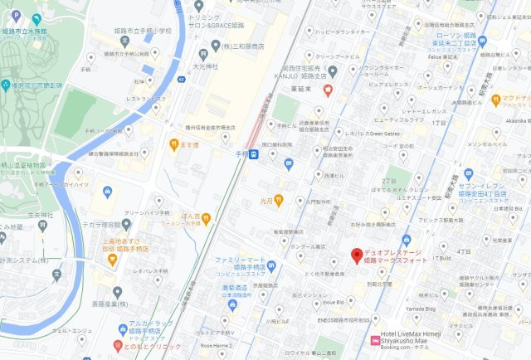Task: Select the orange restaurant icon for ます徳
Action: point(174,145)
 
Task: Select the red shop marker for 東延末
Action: point(329,91)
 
